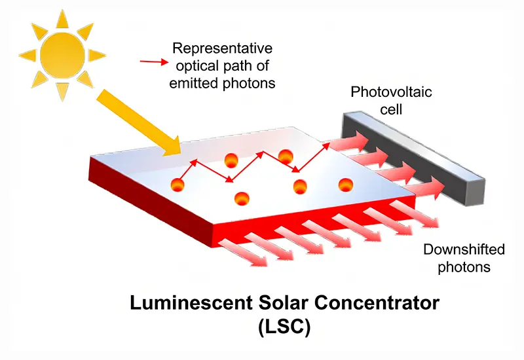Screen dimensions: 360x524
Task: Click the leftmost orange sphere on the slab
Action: tap(178, 185)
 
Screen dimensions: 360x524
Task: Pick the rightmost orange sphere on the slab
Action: tap(346, 185)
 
